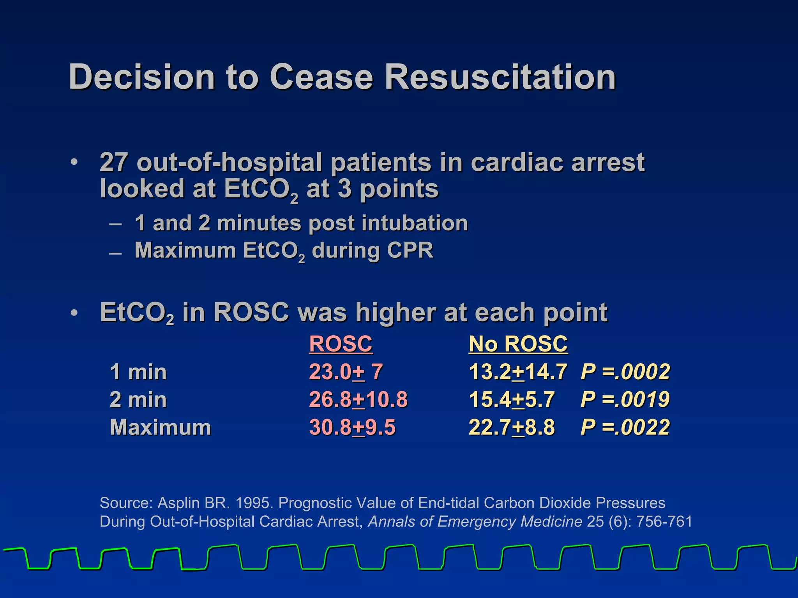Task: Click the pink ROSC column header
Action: (341, 344)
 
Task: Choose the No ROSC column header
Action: (518, 344)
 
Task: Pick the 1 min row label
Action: (138, 372)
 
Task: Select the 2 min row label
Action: (138, 399)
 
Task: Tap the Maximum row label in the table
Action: (161, 427)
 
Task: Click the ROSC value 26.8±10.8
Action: (358, 399)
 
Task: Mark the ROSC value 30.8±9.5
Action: (352, 427)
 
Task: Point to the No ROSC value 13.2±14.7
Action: (518, 372)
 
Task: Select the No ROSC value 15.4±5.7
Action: (512, 399)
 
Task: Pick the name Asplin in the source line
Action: (178, 503)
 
